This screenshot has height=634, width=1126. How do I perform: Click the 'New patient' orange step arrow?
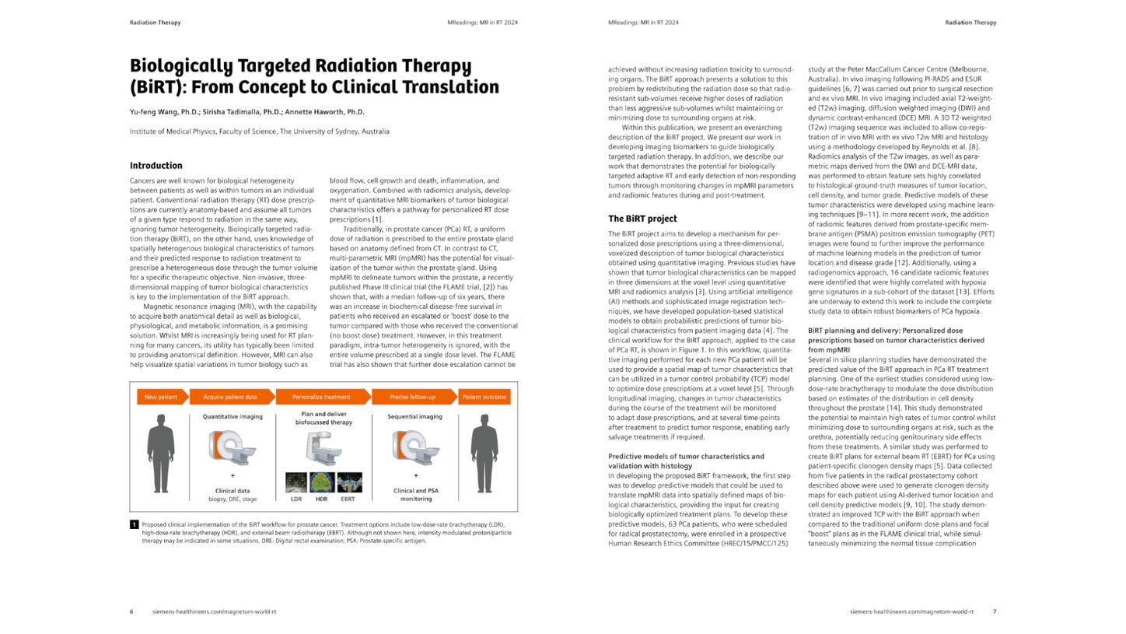(x=161, y=397)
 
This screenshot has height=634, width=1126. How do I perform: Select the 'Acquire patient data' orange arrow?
(x=230, y=397)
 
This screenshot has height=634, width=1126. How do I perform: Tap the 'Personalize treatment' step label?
(x=321, y=397)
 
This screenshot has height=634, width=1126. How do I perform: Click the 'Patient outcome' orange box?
(x=484, y=397)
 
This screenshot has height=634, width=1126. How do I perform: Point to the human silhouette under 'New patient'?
(x=161, y=454)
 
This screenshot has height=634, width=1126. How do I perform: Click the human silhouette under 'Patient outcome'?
(x=484, y=454)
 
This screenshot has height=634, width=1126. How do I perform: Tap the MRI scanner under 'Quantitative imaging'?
(x=232, y=447)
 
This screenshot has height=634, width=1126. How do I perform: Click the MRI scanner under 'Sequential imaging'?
(x=415, y=448)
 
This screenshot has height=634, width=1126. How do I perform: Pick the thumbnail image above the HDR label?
(x=322, y=482)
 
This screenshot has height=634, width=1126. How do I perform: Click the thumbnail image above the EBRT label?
(x=348, y=482)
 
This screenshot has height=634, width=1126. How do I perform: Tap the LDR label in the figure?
(x=296, y=499)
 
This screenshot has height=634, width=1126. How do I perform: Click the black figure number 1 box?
(x=134, y=525)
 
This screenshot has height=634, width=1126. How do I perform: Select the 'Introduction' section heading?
(x=156, y=166)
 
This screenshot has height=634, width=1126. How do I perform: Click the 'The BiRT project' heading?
(x=642, y=219)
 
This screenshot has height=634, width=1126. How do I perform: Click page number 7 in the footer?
(x=994, y=611)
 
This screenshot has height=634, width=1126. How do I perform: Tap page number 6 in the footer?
(x=131, y=611)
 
